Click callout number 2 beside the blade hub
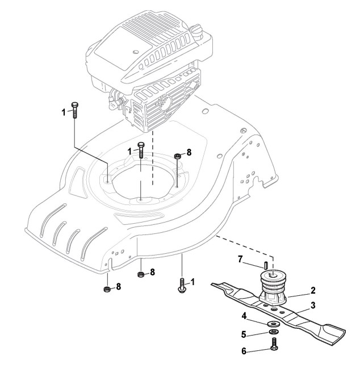(x=313, y=290)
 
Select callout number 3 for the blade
(x=313, y=305)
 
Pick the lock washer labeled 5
(x=273, y=332)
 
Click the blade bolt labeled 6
(x=273, y=345)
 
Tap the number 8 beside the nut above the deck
(x=189, y=152)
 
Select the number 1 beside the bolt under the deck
(x=193, y=282)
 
